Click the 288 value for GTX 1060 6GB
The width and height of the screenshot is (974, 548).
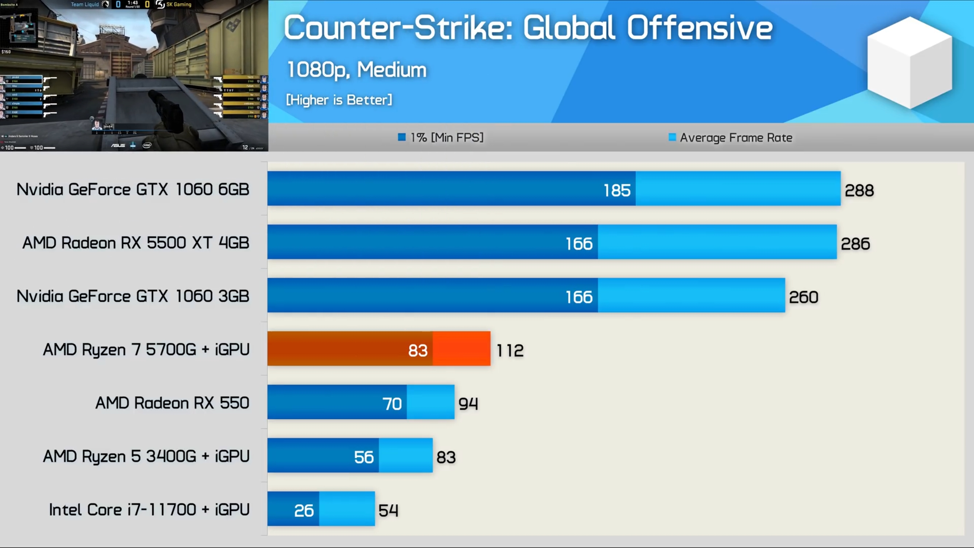(x=859, y=190)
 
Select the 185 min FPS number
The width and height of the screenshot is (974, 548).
(x=617, y=190)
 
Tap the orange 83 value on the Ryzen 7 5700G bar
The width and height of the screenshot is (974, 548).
(x=418, y=350)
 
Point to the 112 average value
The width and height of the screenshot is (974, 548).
(x=510, y=350)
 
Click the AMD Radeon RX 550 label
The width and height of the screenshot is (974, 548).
(x=172, y=403)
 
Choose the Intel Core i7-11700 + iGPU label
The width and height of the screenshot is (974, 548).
(x=149, y=510)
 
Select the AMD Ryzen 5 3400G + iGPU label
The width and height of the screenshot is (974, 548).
(x=146, y=456)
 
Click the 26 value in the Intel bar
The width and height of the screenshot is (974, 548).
(x=304, y=511)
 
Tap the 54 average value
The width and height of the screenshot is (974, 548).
(x=388, y=511)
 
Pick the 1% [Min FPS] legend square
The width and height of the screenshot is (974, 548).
(x=401, y=137)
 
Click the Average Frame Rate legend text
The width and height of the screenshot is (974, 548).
(x=736, y=138)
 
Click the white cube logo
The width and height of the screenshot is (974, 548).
(x=909, y=63)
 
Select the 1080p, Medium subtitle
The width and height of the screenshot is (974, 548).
(x=356, y=70)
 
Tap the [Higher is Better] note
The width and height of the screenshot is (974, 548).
(x=339, y=100)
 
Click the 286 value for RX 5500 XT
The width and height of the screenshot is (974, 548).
(x=855, y=244)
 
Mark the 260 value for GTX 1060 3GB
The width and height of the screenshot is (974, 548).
(x=803, y=297)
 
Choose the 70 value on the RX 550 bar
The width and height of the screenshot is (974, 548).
(x=392, y=404)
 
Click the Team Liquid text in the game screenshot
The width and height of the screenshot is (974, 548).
(x=84, y=5)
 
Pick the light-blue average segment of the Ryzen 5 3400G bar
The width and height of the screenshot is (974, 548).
(x=406, y=456)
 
